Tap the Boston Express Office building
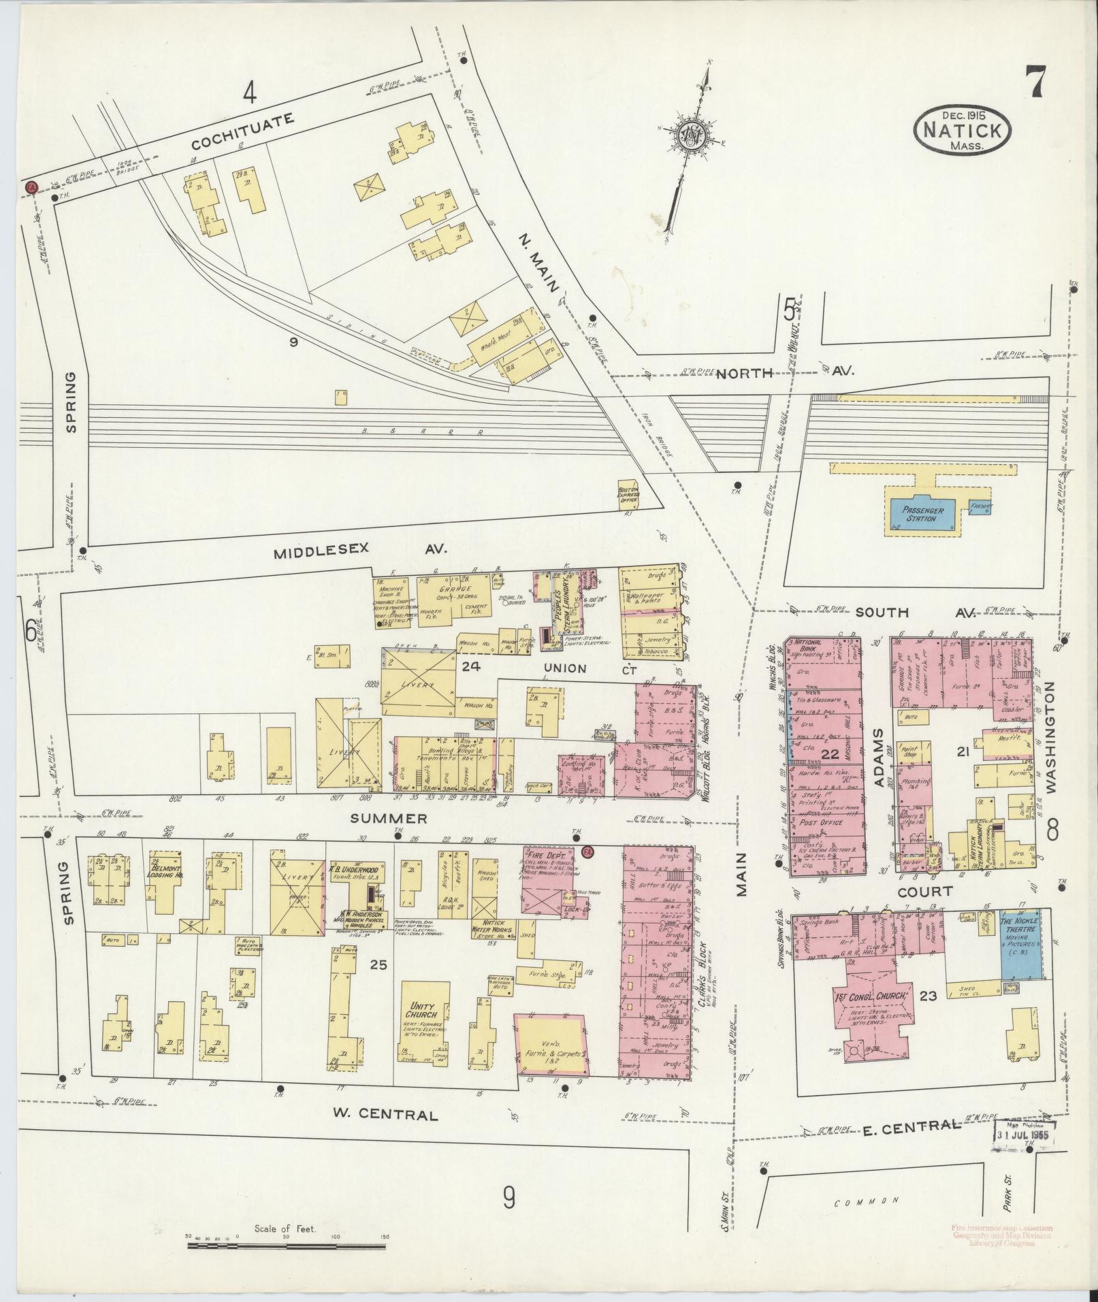point(627,495)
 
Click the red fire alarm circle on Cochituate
point(30,186)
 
